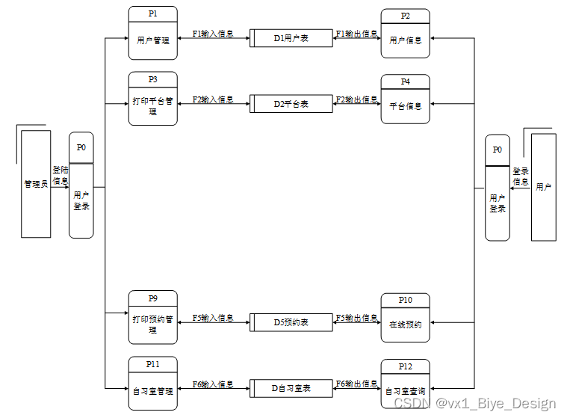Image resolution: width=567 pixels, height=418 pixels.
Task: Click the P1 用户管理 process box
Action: pos(152,34)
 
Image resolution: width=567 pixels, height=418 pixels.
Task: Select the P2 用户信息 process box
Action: pos(405,34)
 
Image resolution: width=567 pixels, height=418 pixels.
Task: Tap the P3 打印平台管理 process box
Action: pos(152,99)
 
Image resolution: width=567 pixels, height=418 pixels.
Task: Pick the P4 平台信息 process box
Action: pos(405,99)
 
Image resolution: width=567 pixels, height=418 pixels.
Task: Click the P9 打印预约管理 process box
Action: pos(152,318)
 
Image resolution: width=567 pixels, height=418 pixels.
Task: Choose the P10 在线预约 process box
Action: pos(405,318)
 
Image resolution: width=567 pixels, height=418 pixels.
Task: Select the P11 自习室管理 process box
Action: pos(152,383)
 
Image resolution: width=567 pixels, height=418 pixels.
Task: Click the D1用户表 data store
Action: pos(291,37)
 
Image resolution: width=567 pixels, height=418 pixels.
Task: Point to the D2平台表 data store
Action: pos(291,103)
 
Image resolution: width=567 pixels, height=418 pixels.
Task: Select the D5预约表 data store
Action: pos(291,322)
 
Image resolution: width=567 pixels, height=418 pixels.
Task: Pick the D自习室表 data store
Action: pos(291,388)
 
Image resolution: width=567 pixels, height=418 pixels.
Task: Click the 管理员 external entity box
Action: pos(36,184)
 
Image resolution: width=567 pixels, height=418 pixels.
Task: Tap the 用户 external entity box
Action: pos(543,187)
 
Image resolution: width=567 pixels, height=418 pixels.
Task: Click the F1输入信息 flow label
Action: pos(213,34)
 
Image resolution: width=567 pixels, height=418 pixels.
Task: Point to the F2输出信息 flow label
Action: pos(356,99)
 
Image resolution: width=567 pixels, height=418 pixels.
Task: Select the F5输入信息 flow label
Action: pos(213,318)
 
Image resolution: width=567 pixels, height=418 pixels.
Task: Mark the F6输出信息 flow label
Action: pos(356,384)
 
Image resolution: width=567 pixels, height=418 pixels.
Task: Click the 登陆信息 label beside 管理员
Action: pos(60,175)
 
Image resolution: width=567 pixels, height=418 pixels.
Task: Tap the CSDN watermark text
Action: pos(474,403)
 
